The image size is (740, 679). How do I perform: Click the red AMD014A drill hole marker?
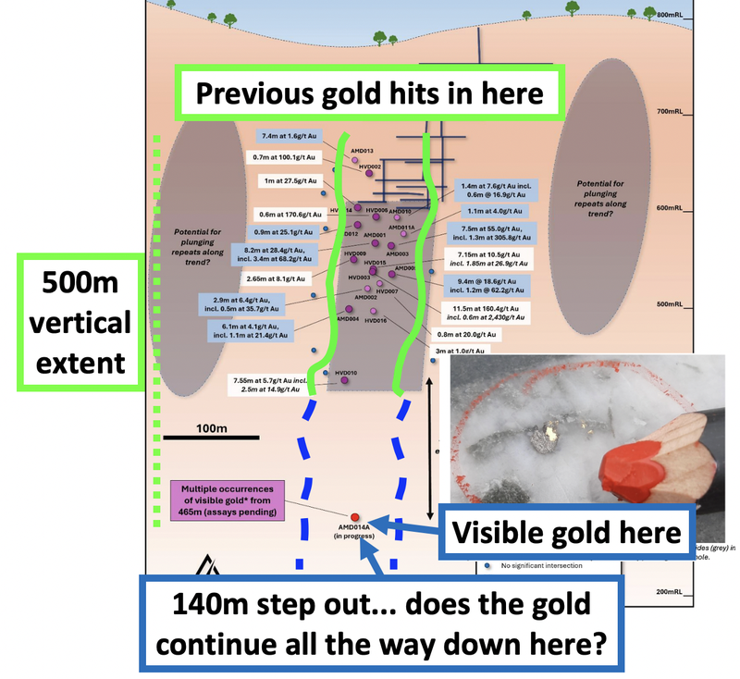coord(355,515)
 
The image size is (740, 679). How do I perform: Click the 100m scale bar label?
coord(212,428)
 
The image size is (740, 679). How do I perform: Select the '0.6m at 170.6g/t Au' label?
coord(289,215)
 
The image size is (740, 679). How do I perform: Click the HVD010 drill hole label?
coord(347,372)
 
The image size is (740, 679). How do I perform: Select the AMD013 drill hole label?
coord(361,150)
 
